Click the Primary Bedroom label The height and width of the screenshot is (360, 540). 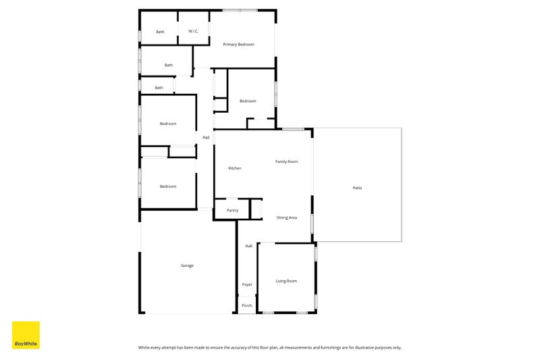(x=238, y=45)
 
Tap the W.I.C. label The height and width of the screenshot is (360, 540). (x=193, y=31)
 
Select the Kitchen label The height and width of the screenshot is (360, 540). (x=235, y=168)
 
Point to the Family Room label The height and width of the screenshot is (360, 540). (x=286, y=161)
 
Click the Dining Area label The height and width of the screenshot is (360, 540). (x=286, y=217)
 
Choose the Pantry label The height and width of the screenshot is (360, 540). (x=232, y=211)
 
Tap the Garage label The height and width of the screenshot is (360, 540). (x=187, y=265)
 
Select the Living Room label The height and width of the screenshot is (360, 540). (x=286, y=281)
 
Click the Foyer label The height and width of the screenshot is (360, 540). (x=247, y=284)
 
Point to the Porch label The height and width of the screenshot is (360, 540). (x=247, y=305)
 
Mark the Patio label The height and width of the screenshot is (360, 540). (x=357, y=188)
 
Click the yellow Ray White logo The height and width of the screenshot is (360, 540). (x=26, y=335)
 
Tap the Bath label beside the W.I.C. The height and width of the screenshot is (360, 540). (x=160, y=32)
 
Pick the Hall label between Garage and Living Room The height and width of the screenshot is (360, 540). (x=248, y=246)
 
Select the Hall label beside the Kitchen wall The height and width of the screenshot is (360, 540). (x=206, y=138)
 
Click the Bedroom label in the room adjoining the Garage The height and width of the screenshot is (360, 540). (x=168, y=186)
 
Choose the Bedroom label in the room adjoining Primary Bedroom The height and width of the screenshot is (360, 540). (x=248, y=101)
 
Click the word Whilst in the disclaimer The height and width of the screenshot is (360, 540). (x=144, y=348)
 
